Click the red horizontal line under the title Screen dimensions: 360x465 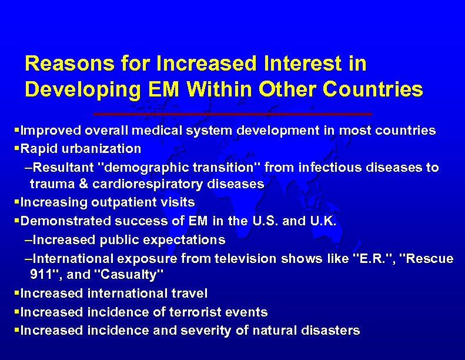[x=233, y=113]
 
